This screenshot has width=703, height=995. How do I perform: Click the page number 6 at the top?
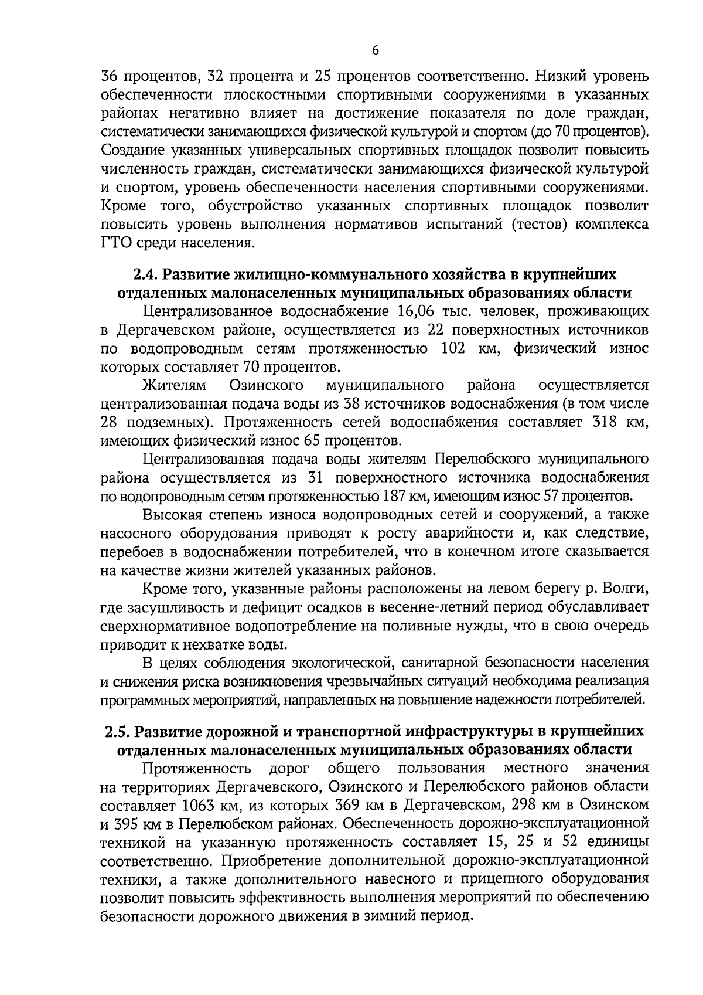point(376,50)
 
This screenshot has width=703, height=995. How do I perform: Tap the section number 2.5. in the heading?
point(117,731)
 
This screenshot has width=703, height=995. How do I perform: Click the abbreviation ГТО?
point(117,243)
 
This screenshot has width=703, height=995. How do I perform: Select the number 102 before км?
point(452,348)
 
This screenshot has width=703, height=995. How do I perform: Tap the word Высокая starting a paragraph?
point(173,515)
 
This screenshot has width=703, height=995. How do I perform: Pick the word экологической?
point(335,663)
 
